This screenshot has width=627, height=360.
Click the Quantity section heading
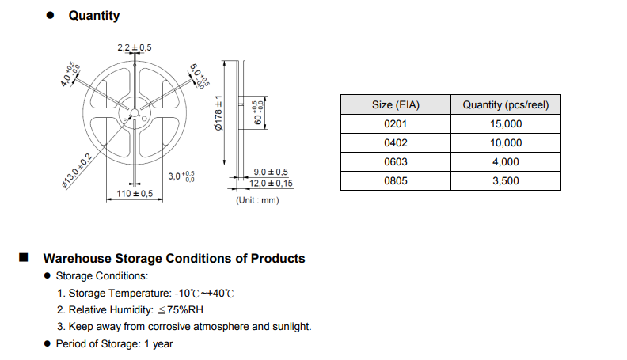click(x=94, y=16)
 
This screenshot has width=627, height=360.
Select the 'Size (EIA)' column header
click(x=396, y=104)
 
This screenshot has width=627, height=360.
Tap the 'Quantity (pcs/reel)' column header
click(x=505, y=104)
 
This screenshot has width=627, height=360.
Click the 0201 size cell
click(x=396, y=124)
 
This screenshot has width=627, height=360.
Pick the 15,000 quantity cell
click(x=506, y=124)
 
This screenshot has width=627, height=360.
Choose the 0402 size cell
click(x=396, y=142)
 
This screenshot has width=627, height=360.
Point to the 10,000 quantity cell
click(x=506, y=142)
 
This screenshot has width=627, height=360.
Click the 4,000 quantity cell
click(x=506, y=162)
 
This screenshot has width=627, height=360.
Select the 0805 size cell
click(x=396, y=180)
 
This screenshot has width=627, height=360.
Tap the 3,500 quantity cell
click(x=506, y=180)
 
